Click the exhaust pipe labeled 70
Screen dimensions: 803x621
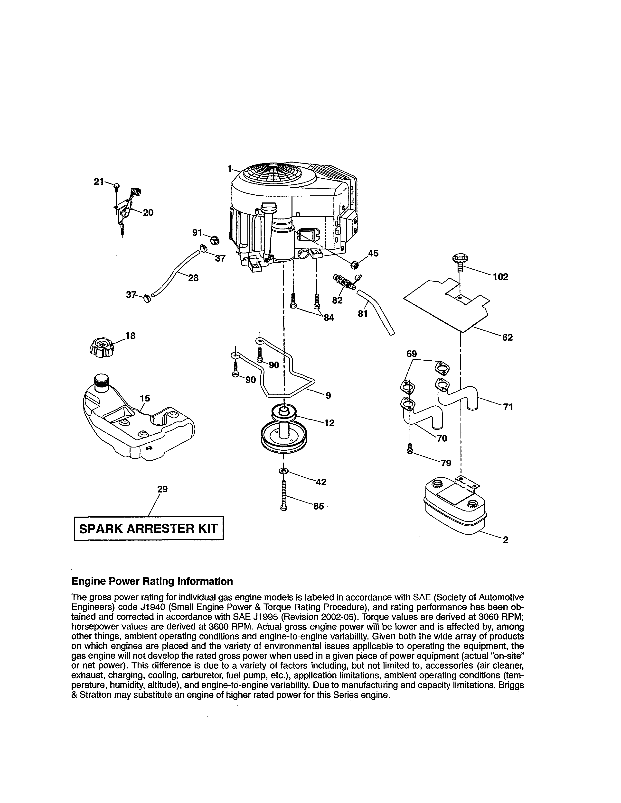coord(419,415)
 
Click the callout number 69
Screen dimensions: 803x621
coord(411,354)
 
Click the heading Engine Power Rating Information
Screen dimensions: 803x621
coord(152,581)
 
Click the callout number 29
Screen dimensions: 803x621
coord(162,489)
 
